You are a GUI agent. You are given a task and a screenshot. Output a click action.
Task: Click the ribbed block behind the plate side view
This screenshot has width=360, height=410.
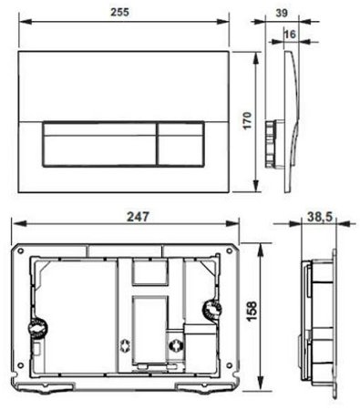pos(271,142)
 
